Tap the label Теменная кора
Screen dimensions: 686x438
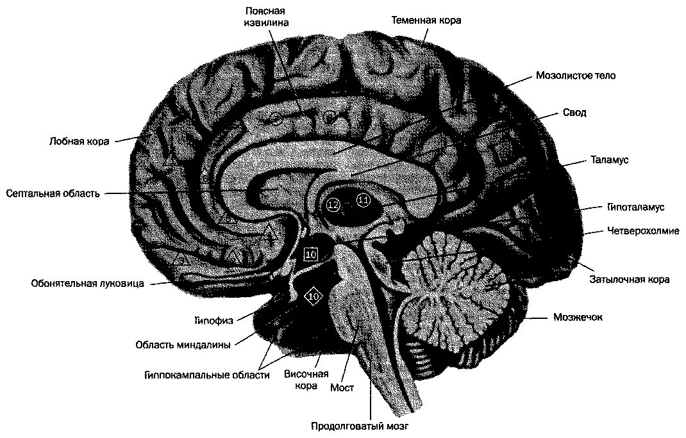[x=426, y=20]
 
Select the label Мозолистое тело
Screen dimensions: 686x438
[x=575, y=76]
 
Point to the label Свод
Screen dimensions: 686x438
[x=574, y=113]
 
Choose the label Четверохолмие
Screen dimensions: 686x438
[x=642, y=231]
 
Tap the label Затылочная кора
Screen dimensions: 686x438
[x=630, y=279]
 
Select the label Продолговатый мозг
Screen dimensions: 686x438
[x=360, y=425]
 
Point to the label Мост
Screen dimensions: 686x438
[x=342, y=387]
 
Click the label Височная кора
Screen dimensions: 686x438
[x=306, y=380]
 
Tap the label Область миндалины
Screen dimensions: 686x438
[x=183, y=345]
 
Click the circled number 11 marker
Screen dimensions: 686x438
[x=364, y=200]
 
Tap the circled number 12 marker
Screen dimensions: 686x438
[x=333, y=205]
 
